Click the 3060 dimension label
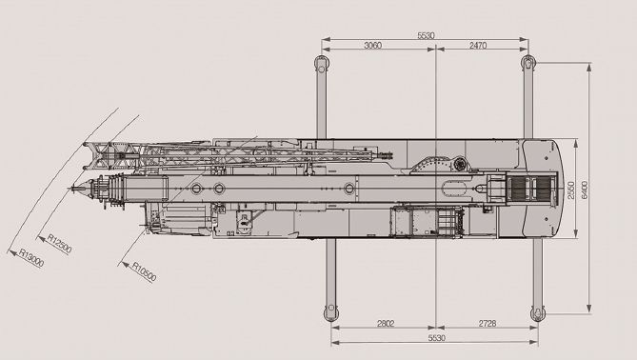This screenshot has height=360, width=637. pyautogui.click(x=372, y=45)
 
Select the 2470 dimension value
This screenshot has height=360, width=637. pyautogui.click(x=478, y=45)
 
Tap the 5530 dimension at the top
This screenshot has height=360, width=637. pyautogui.click(x=426, y=35)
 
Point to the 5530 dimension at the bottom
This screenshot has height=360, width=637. pyautogui.click(x=437, y=338)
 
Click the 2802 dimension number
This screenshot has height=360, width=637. pyautogui.click(x=386, y=324)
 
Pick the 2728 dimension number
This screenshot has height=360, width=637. pyautogui.click(x=488, y=324)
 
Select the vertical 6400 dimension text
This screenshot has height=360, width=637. pyautogui.click(x=585, y=190)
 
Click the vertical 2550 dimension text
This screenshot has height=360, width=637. pyautogui.click(x=570, y=190)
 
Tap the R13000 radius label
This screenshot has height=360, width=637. pyautogui.click(x=31, y=258)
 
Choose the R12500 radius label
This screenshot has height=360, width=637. pyautogui.click(x=59, y=244)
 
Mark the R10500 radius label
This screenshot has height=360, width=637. pyautogui.click(x=144, y=271)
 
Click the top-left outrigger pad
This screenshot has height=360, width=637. pyautogui.click(x=321, y=64)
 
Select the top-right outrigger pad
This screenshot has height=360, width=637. pyautogui.click(x=528, y=63)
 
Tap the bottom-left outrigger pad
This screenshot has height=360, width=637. pyautogui.click(x=330, y=312)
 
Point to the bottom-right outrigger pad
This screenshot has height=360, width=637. pyautogui.click(x=537, y=313)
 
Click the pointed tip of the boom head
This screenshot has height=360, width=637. pyautogui.click(x=70, y=189)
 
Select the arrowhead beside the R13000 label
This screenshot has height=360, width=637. pyautogui.click(x=11, y=251)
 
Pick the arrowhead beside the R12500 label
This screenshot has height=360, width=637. pyautogui.click(x=41, y=238)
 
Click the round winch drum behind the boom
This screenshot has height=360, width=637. pyautogui.click(x=460, y=165)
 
